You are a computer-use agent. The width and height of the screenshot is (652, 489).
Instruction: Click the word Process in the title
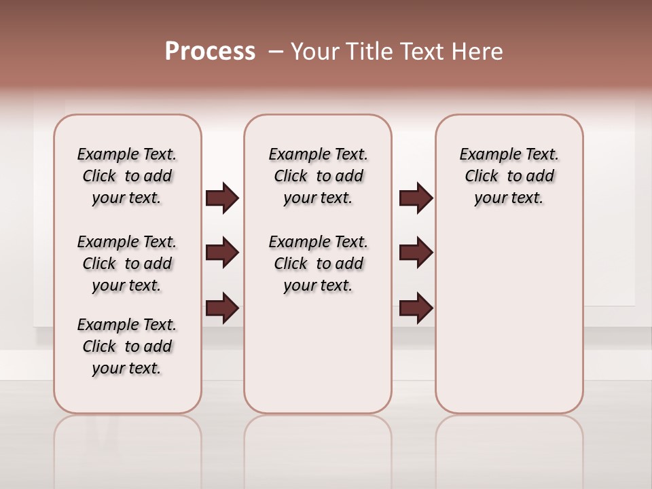pyautogui.click(x=210, y=52)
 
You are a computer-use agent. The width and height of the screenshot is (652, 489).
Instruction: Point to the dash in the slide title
pyautogui.click(x=275, y=52)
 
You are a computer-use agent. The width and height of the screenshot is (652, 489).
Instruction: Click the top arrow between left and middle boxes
pyautogui.click(x=222, y=198)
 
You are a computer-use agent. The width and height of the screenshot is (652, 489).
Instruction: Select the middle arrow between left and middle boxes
pyautogui.click(x=222, y=253)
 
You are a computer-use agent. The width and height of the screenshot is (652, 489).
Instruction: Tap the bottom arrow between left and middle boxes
pyautogui.click(x=222, y=308)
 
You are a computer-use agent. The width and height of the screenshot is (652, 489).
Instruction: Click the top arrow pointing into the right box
pyautogui.click(x=416, y=198)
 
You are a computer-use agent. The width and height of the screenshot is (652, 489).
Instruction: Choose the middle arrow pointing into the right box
pyautogui.click(x=416, y=253)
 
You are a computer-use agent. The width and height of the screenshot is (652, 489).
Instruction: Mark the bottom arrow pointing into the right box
pyautogui.click(x=416, y=308)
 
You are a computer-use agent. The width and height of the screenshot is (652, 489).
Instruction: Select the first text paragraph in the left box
pyautogui.click(x=127, y=176)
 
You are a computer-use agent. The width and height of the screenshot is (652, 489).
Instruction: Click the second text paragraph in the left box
pyautogui.click(x=127, y=264)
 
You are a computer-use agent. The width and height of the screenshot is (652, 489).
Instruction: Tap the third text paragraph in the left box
pyautogui.click(x=127, y=346)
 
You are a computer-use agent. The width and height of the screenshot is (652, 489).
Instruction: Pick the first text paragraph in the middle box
pyautogui.click(x=318, y=176)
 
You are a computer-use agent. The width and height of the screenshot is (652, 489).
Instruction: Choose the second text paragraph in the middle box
pyautogui.click(x=318, y=264)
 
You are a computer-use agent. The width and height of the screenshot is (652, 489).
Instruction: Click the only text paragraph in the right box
pyautogui.click(x=509, y=176)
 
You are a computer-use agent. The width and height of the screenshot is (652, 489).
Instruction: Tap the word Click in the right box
pyautogui.click(x=482, y=176)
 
